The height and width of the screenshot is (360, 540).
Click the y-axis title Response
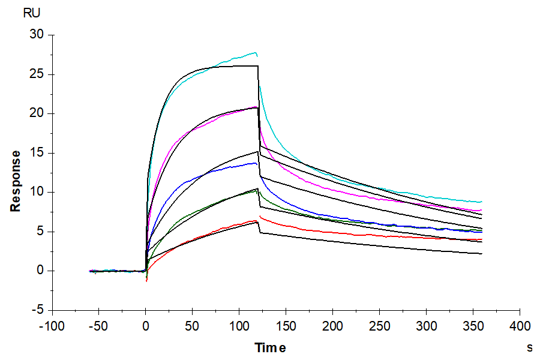(x=16, y=181)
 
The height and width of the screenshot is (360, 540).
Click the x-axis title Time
(x=270, y=348)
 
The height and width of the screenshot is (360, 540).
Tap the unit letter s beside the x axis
(x=529, y=347)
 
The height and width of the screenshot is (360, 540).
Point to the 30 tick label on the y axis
(x=37, y=35)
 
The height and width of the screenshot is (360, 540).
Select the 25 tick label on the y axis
(x=37, y=74)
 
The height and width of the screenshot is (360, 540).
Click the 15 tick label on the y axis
(x=37, y=153)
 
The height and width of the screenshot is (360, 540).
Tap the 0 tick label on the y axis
(x=41, y=271)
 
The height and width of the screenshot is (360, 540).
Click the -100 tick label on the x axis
(x=51, y=326)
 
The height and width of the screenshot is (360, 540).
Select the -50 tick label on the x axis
(x=98, y=326)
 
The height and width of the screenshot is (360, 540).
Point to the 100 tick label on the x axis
(x=239, y=326)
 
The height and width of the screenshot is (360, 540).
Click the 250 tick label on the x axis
(x=379, y=326)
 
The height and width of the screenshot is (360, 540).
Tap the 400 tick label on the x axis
(x=520, y=326)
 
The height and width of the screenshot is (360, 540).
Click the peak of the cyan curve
(x=255, y=53)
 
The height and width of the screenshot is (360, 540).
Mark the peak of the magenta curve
(x=256, y=107)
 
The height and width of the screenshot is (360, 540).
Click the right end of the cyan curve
(x=481, y=202)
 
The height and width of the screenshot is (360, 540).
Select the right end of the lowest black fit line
(x=481, y=254)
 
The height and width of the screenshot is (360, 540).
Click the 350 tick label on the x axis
(x=473, y=326)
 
